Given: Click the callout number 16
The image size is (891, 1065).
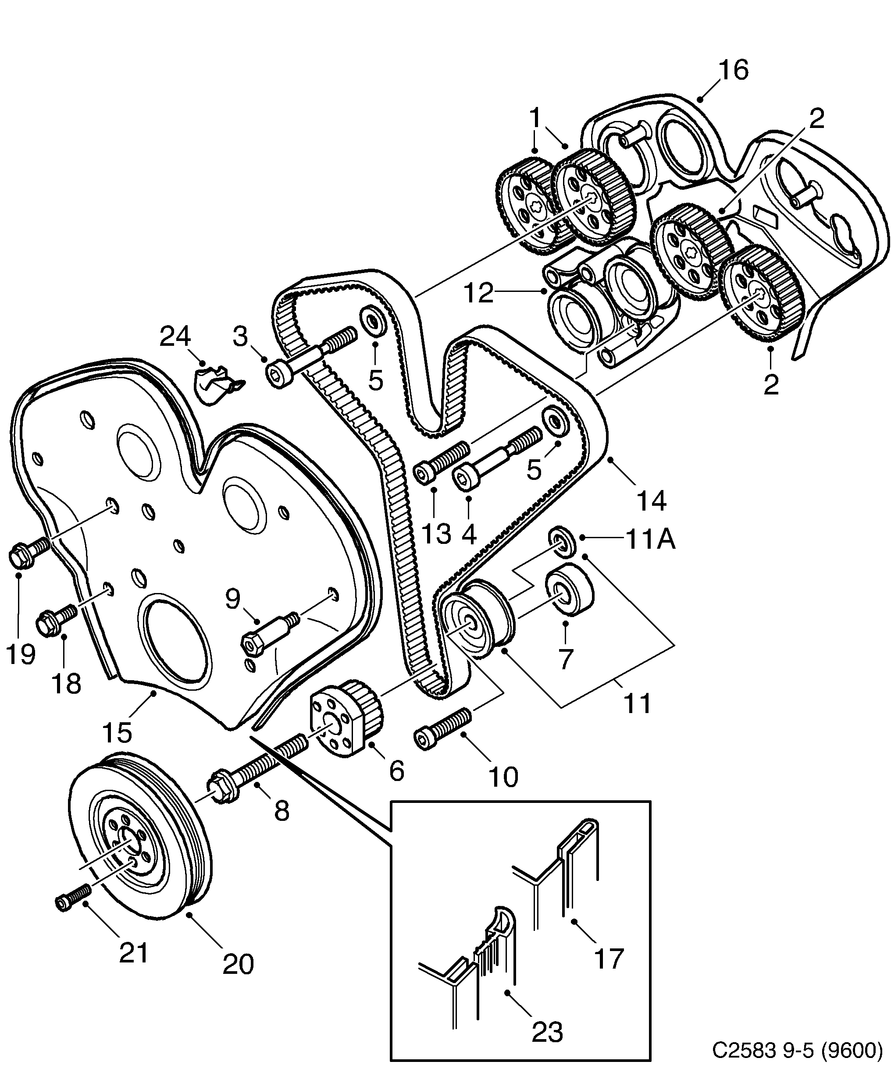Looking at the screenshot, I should tap(733, 71).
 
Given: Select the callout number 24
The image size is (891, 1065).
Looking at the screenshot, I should tap(175, 336).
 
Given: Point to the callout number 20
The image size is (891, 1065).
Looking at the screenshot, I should tap(238, 964).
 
